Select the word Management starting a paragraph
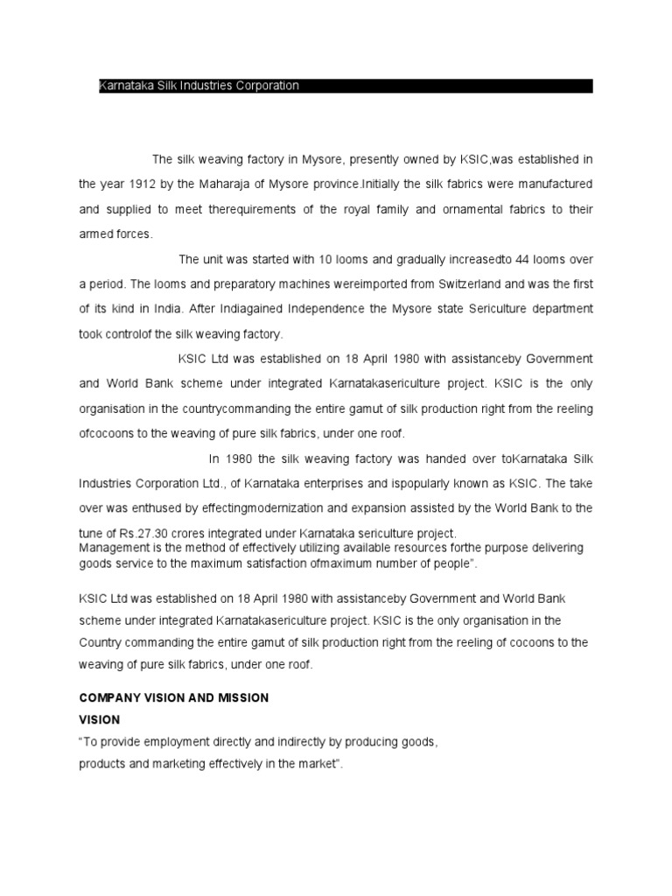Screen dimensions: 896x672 click(x=113, y=547)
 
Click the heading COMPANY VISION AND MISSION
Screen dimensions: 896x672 click(x=174, y=697)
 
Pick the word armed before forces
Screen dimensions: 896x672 click(x=96, y=234)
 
